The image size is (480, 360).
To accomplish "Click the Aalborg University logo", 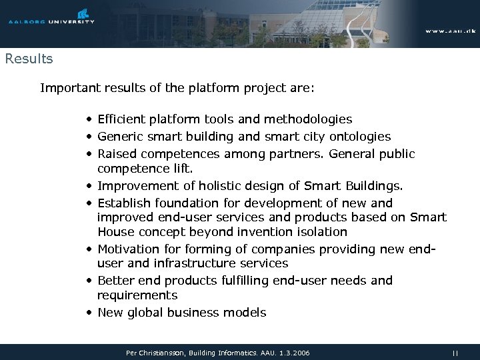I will coord(51,17).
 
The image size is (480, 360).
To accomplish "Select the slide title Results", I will coord(29,59).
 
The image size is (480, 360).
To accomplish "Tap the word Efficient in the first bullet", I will coord(121,119).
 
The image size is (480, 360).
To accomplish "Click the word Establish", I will coord(125,203).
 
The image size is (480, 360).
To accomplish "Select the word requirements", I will coord(137,295).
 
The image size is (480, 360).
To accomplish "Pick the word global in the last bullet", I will coord(146,312).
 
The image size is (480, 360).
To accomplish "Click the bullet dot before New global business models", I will coord(89,313).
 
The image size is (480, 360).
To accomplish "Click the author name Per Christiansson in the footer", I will coord(151,352).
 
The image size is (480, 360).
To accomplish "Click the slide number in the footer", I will coord(455,352).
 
